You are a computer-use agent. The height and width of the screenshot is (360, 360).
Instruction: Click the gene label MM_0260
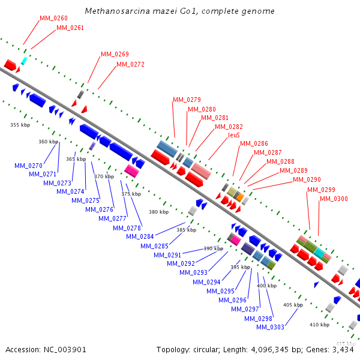tap(53, 18)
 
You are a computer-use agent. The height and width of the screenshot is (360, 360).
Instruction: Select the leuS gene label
tap(234, 136)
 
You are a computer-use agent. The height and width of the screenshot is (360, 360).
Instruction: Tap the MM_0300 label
tap(334, 199)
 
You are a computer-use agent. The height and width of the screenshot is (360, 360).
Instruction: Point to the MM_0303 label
tap(270, 327)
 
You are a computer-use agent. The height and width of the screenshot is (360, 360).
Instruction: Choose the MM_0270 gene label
tap(28, 166)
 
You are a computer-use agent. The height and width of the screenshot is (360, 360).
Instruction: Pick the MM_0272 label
tap(130, 64)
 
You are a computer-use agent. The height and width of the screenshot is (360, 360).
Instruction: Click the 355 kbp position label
tap(20, 125)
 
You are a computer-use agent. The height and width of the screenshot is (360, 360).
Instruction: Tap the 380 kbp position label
tap(158, 212)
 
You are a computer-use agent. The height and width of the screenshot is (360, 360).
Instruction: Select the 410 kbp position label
tap(320, 325)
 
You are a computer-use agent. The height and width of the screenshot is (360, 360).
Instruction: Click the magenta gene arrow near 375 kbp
tap(131, 170)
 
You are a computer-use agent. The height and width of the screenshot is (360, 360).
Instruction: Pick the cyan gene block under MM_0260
tap(24, 61)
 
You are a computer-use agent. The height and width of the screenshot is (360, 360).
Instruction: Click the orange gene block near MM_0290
tap(239, 196)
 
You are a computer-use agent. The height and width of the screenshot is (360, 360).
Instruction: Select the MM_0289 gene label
tap(293, 170)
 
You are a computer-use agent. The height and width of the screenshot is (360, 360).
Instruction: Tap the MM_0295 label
tap(220, 291)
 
